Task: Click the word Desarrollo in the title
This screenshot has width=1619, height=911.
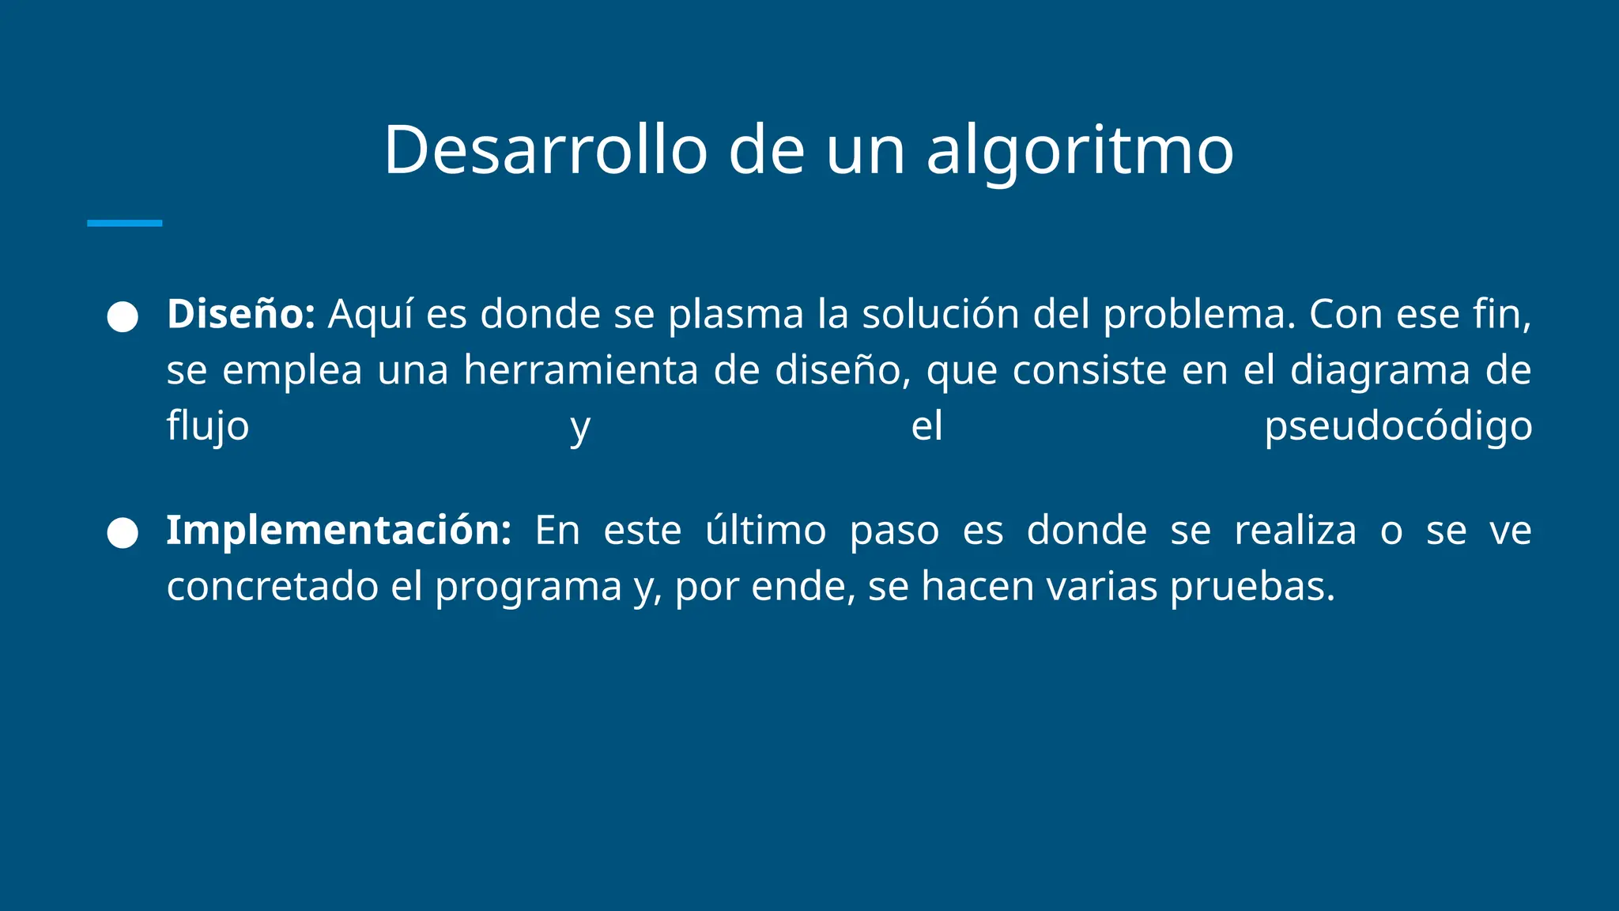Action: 545,150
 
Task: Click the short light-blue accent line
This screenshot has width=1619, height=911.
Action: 124,223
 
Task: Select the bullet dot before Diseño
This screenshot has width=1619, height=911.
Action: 123,316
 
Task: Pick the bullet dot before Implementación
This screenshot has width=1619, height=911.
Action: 123,532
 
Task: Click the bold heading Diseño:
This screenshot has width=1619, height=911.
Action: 241,314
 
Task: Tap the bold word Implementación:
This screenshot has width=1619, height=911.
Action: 339,530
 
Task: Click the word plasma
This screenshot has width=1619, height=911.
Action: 736,314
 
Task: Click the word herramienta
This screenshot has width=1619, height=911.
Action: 581,370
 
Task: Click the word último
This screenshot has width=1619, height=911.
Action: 765,530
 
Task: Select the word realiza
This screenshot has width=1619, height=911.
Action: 1295,530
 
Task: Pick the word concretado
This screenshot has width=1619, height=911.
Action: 273,587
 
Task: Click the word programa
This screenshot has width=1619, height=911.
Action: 528,587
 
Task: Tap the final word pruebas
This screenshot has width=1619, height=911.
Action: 1252,587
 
